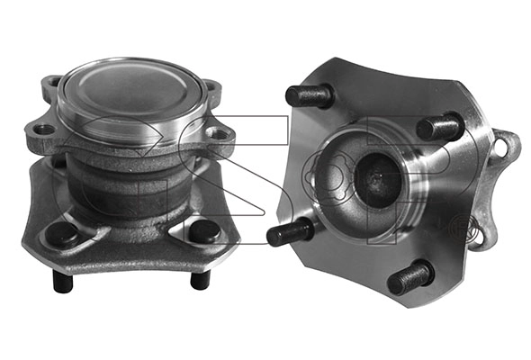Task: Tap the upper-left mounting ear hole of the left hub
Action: pos(54,82)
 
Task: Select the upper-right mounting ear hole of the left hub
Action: pos(211,86)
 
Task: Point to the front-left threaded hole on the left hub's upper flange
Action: pos(44,130)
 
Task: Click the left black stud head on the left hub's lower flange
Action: pos(61,234)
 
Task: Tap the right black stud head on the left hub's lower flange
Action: pos(204,231)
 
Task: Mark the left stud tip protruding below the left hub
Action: pos(63,281)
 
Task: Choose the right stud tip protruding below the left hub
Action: pos(201,280)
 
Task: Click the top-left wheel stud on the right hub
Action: pos(310,95)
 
